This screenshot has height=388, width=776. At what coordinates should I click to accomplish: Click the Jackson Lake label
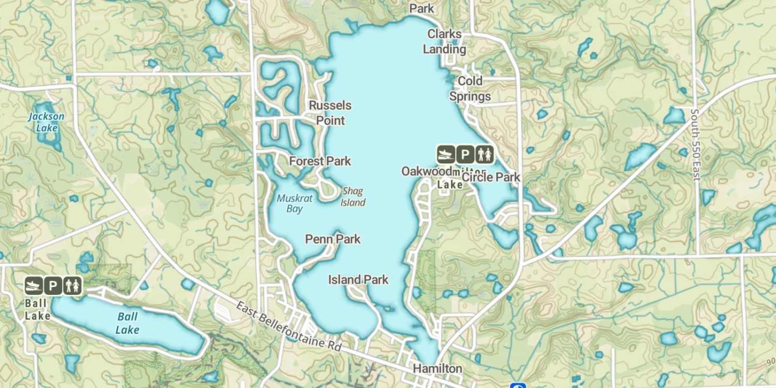(x=46, y=122)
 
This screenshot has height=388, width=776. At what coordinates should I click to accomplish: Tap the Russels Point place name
(x=330, y=113)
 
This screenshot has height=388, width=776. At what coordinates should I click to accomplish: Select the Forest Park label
(x=320, y=161)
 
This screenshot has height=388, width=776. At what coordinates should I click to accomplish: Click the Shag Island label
(x=353, y=197)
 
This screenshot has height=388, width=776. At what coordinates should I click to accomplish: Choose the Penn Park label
(x=333, y=239)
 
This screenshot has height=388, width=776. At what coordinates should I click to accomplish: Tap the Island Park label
(x=358, y=280)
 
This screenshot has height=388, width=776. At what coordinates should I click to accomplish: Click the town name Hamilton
(x=437, y=368)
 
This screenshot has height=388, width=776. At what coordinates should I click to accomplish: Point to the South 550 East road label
(x=696, y=145)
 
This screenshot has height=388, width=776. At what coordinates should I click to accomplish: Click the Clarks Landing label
(x=444, y=41)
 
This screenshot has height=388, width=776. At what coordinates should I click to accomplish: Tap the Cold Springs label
(x=470, y=88)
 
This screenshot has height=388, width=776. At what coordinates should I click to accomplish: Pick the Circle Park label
(x=491, y=177)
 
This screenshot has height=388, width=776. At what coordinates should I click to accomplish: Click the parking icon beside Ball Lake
(x=53, y=285)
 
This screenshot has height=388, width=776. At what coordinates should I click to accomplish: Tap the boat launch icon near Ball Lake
(x=34, y=285)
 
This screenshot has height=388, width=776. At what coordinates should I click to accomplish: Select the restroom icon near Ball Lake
(x=72, y=285)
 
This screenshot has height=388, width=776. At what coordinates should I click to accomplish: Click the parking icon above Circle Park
(x=465, y=154)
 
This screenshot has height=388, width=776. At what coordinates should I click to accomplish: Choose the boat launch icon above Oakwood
(x=445, y=154)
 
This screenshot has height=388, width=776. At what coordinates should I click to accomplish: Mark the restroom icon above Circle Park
(x=485, y=154)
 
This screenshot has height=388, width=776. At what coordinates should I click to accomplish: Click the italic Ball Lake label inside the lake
(x=127, y=323)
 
